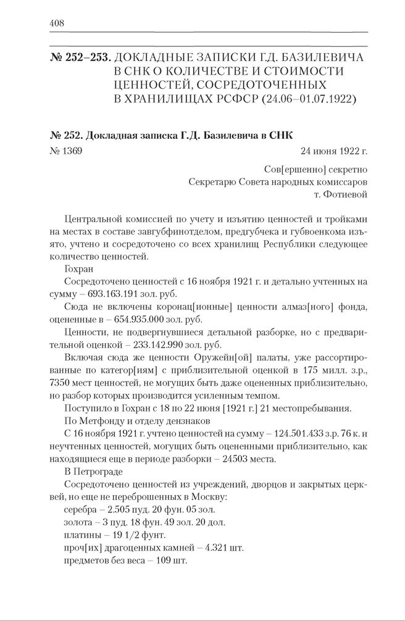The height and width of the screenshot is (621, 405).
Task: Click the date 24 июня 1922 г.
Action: [x=335, y=150]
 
